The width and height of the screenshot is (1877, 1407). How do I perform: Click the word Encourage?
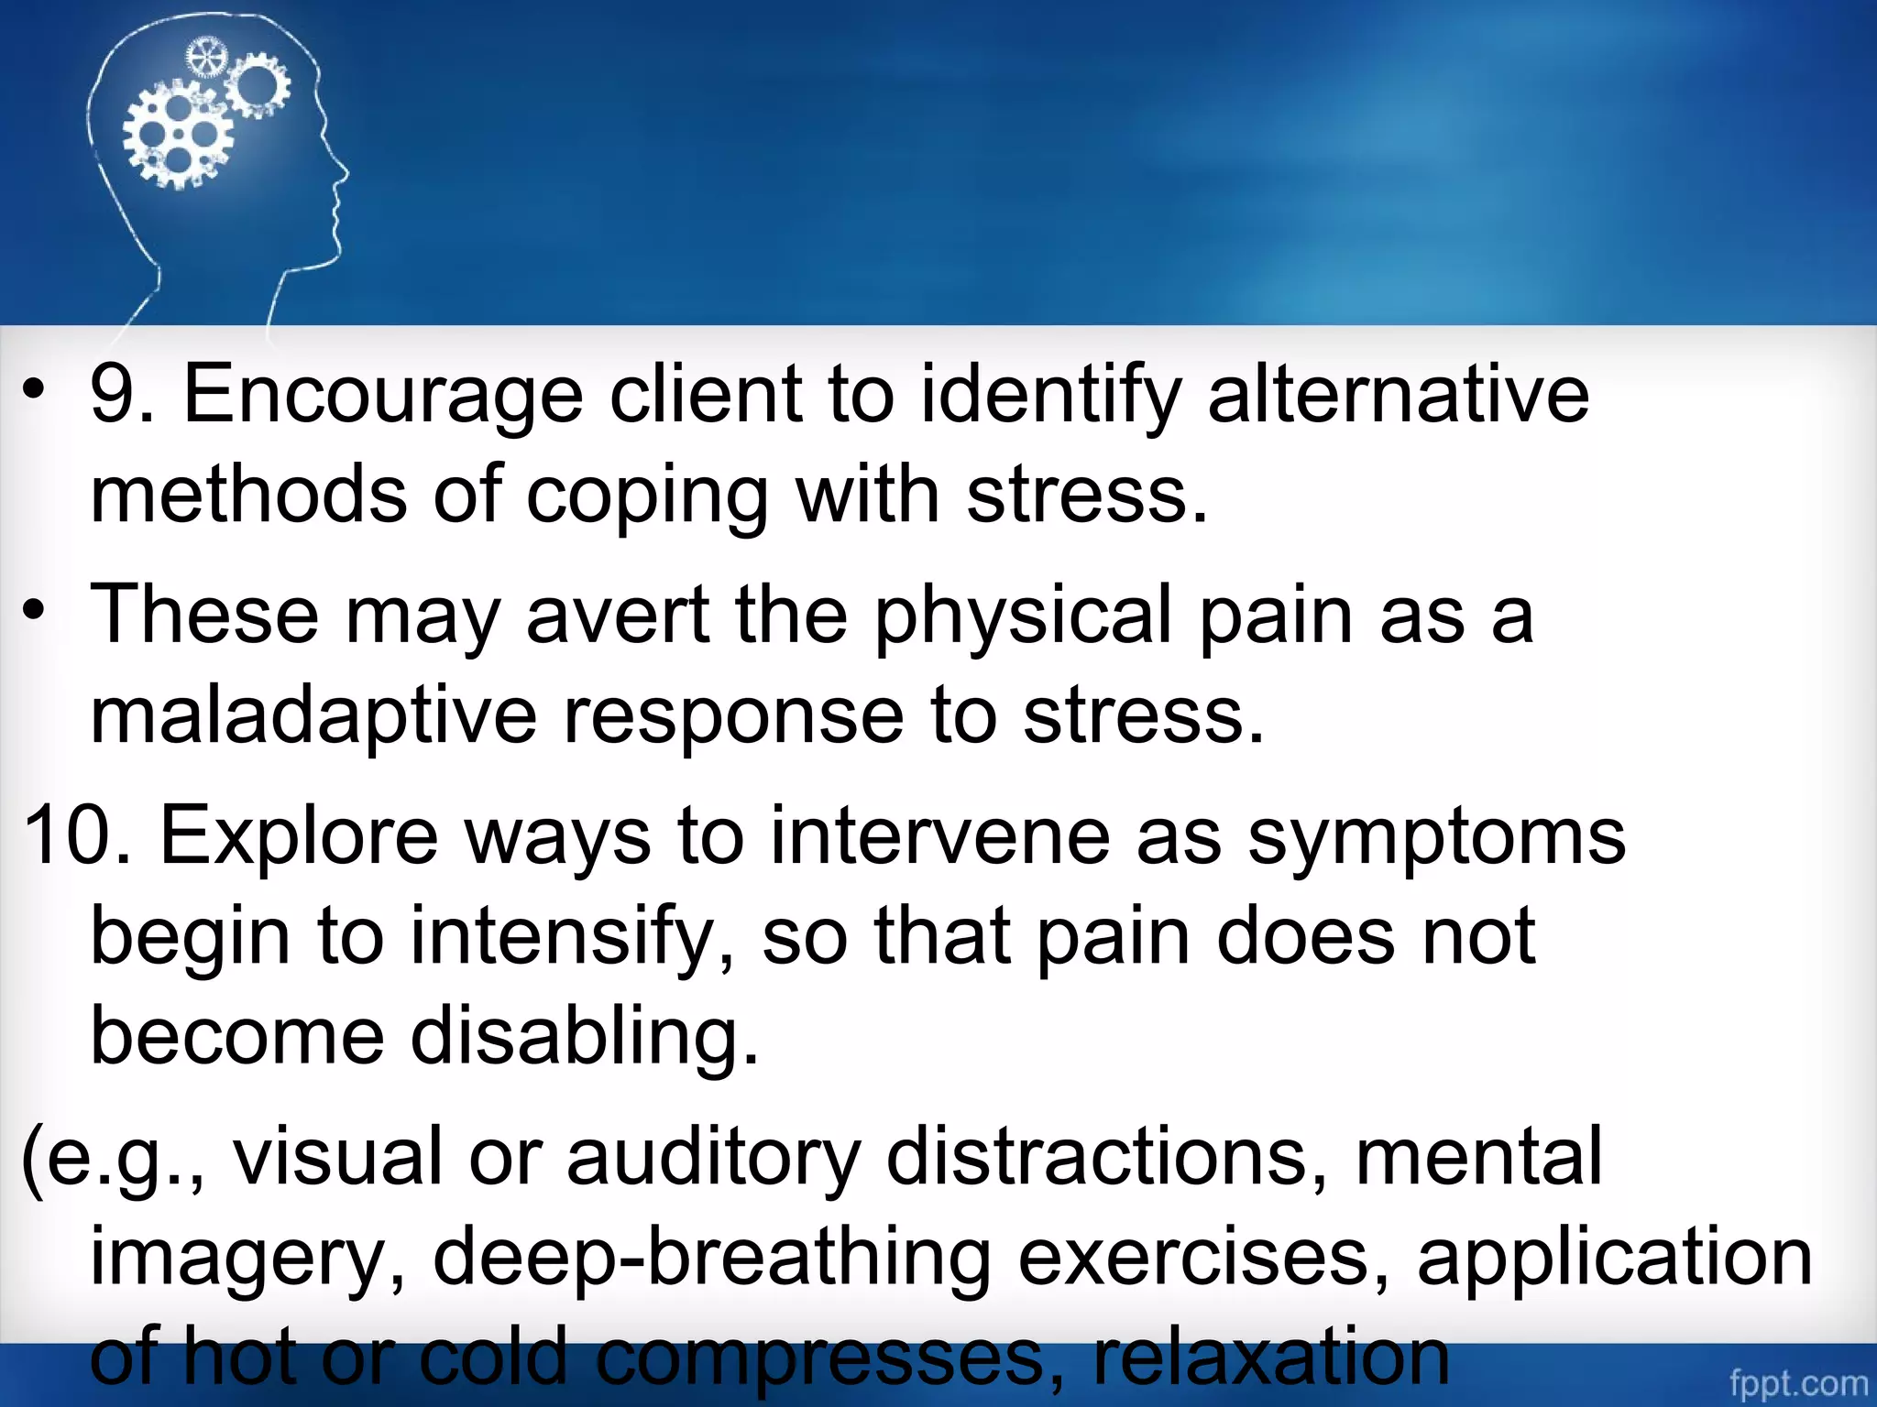click(x=383, y=396)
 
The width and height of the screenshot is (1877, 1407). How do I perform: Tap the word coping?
click(x=647, y=496)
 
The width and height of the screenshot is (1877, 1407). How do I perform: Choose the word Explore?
click(x=299, y=835)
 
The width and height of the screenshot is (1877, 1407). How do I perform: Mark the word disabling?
click(x=584, y=1037)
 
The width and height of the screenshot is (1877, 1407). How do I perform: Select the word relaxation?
click(x=1271, y=1357)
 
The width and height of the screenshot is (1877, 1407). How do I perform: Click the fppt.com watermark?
click(x=1797, y=1381)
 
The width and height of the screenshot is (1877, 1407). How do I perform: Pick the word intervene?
click(x=939, y=835)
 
